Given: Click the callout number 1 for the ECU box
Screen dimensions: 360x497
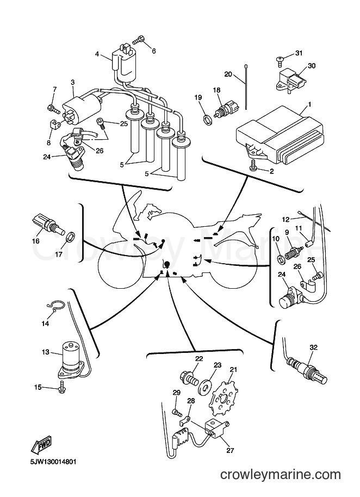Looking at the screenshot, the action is [x=309, y=104].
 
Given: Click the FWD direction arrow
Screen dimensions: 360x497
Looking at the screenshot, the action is [x=41, y=446].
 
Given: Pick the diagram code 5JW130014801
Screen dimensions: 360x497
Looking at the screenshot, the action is [x=51, y=462].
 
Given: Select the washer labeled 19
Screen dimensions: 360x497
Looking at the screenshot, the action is [x=208, y=120].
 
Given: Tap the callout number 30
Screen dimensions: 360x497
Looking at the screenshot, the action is [x=312, y=66].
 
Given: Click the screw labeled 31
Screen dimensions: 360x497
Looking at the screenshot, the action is [x=280, y=60].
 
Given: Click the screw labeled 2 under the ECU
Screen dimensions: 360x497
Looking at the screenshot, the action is [x=254, y=165].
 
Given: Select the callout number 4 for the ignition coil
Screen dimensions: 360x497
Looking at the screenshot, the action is [x=97, y=54].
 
